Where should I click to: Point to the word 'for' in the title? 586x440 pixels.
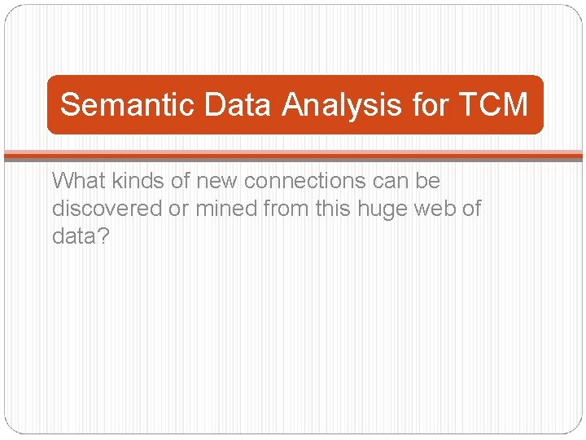(x=430, y=105)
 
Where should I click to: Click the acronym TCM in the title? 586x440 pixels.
(x=493, y=105)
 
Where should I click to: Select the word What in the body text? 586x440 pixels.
(x=77, y=180)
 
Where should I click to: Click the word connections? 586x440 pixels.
(x=305, y=180)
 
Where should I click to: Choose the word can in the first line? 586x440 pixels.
(x=393, y=180)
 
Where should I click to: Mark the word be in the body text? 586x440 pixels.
(x=429, y=180)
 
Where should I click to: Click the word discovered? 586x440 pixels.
(x=107, y=209)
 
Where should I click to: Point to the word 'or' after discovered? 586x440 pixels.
(x=178, y=209)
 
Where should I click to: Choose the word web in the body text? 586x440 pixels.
(x=436, y=209)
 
